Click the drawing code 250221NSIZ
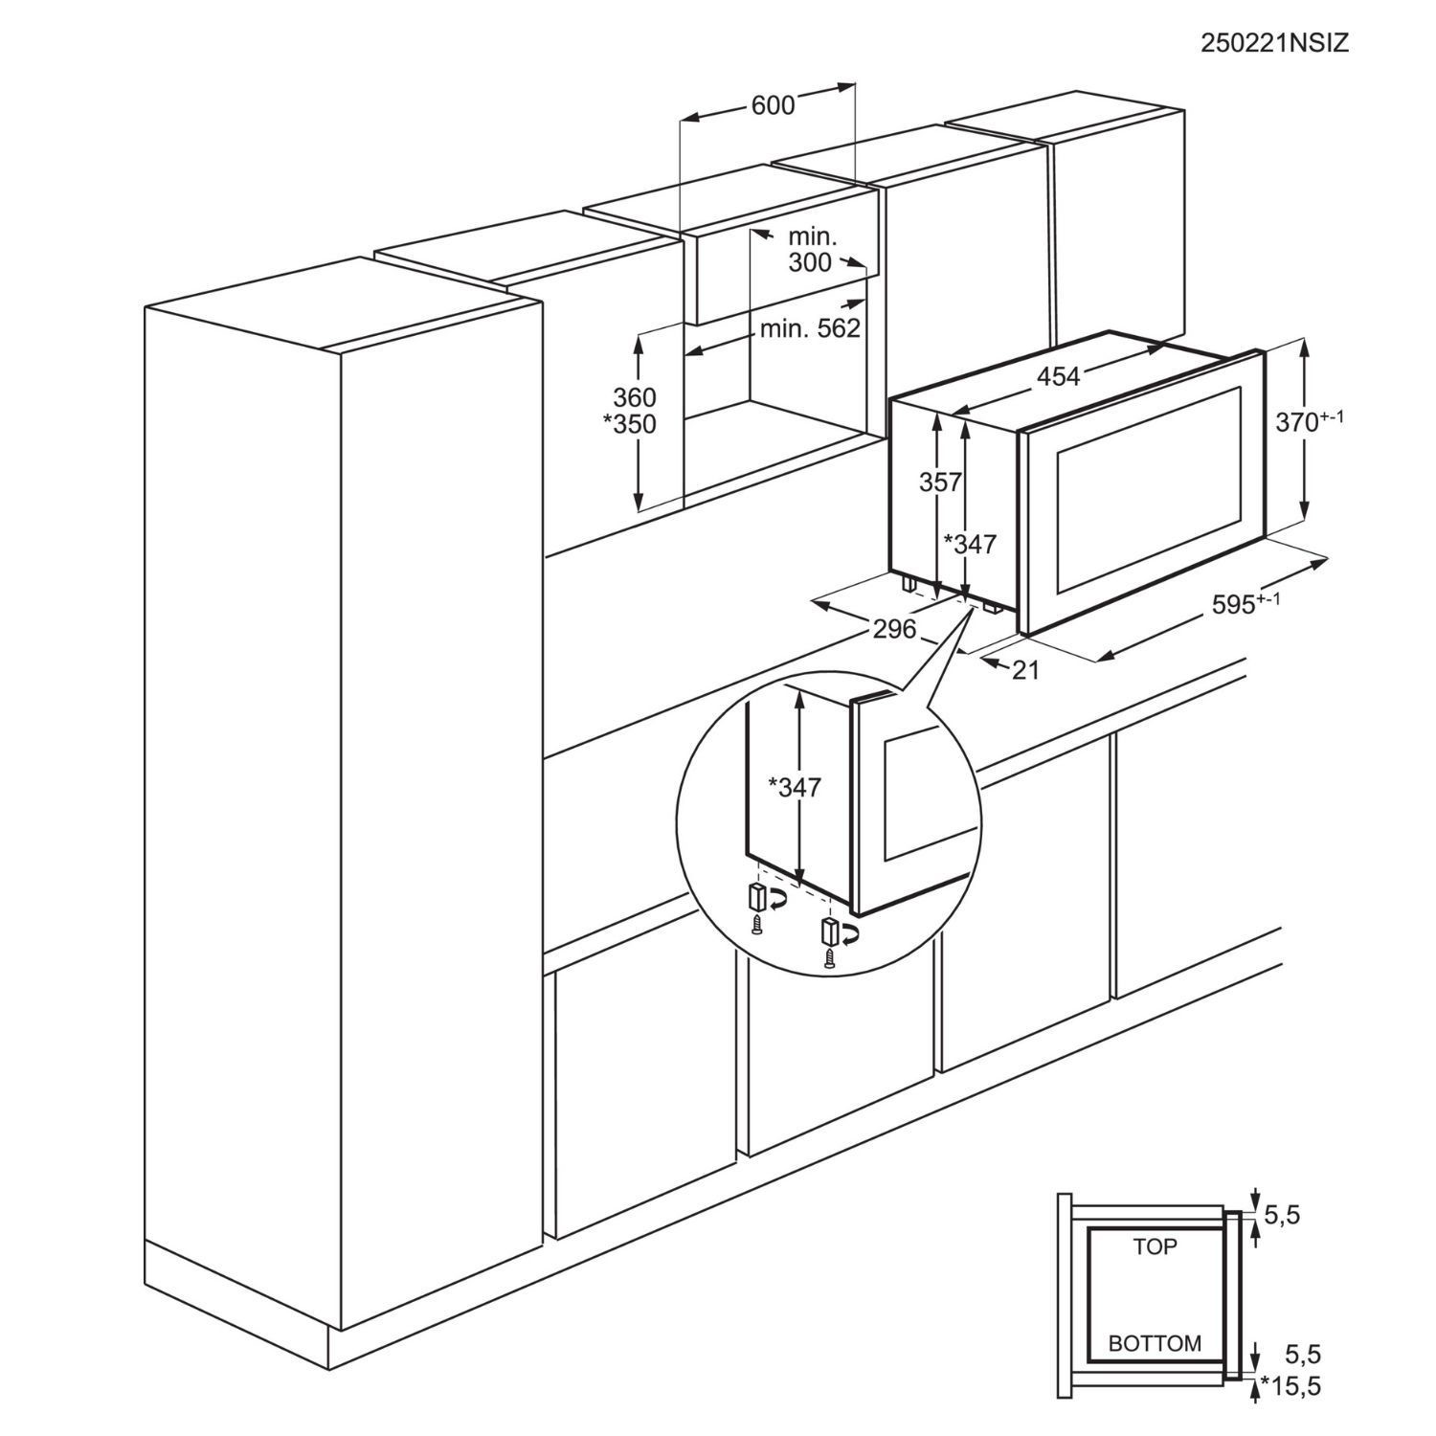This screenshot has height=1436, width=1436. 1275,43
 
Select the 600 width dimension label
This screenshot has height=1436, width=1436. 773,105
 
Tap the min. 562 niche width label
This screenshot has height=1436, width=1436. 811,329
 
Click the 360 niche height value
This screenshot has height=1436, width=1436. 635,396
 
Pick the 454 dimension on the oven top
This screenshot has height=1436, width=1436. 1058,376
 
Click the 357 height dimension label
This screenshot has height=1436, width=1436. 940,482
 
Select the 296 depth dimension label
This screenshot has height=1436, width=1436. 894,629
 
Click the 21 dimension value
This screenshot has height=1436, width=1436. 1025,671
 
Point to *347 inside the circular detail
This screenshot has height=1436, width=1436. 795,787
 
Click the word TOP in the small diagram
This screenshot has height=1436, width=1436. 1155,1246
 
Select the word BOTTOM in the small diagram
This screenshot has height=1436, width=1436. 1155,1342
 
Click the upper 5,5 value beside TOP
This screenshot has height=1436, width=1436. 1283,1216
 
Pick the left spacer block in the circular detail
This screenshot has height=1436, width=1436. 755,897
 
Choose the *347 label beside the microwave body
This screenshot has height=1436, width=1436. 971,544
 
